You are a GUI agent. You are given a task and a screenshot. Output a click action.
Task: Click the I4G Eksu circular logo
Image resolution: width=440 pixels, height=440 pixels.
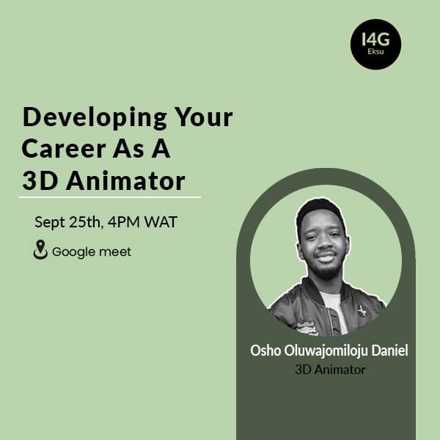click(375, 44)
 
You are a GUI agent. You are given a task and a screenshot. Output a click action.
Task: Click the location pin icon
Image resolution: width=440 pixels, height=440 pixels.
click(40, 251)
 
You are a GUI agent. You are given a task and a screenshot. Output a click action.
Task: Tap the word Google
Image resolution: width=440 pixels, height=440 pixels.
click(74, 252)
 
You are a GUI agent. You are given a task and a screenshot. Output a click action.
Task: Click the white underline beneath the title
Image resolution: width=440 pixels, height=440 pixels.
click(109, 197)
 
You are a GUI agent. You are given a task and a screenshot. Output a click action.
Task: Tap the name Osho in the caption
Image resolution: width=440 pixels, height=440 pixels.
click(265, 351)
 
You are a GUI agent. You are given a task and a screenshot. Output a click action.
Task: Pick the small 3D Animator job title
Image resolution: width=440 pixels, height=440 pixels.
click(329, 369)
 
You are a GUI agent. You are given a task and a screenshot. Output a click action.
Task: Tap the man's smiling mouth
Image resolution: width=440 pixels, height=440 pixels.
click(326, 257)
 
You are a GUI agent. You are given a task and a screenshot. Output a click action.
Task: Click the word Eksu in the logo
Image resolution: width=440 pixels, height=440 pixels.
click(375, 54)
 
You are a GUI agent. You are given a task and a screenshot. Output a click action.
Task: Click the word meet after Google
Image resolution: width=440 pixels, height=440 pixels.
click(116, 252)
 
